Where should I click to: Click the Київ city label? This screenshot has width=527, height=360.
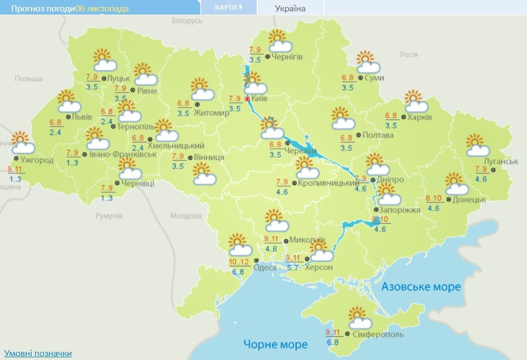click(260, 99)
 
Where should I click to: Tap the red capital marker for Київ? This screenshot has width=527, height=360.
click(248, 99)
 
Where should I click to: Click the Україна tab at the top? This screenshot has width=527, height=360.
click(289, 8)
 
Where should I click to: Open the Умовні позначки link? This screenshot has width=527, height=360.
click(37, 354)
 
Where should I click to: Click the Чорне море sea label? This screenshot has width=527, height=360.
click(275, 344)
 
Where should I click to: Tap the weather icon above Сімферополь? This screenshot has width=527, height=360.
click(359, 318)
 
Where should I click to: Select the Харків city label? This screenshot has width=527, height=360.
click(421, 117)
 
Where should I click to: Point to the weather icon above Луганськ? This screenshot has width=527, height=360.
click(477, 144)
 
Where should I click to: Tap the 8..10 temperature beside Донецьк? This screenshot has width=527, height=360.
click(434, 198)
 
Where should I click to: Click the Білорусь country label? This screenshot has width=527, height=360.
click(186, 20)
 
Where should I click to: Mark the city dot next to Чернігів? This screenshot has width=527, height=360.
click(268, 57)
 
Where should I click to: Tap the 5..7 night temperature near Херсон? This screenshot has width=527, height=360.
click(292, 267)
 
